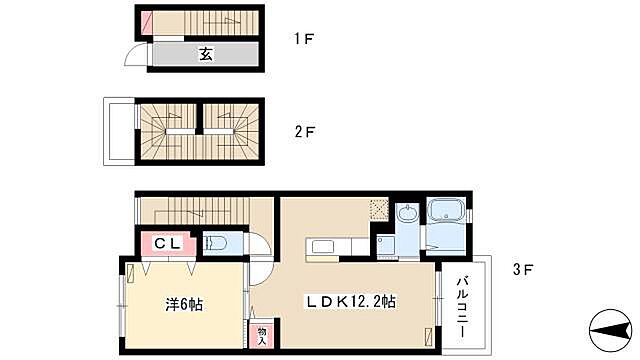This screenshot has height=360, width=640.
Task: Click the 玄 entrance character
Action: point(204,53)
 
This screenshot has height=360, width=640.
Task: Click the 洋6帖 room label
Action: point(183,303)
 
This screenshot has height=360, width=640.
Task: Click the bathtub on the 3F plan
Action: point(444,212)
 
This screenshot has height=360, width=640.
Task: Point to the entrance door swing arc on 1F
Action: point(134,55)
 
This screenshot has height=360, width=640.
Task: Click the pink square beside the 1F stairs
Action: point(147,20)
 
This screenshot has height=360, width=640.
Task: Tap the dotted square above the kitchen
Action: point(377,210)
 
